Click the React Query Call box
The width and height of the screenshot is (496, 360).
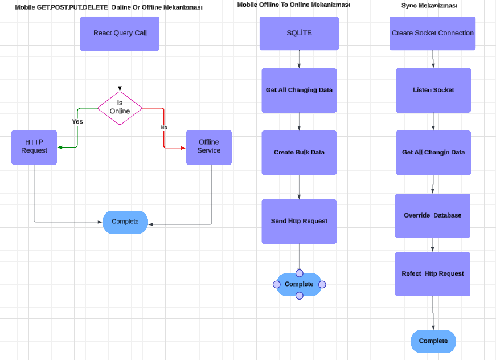point(120,33)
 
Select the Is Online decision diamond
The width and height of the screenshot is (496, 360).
point(120,108)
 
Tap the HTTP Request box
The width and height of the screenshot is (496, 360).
point(34,147)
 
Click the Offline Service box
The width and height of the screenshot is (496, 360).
point(208,147)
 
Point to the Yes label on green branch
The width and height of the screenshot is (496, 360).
point(77,121)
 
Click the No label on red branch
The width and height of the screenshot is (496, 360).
point(164,128)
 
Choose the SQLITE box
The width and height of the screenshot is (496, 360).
point(299,33)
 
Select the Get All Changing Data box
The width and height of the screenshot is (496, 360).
point(299,90)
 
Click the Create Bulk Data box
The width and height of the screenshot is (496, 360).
point(299,152)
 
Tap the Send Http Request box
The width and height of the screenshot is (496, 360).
point(299,221)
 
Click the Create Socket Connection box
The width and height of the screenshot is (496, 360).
point(432,33)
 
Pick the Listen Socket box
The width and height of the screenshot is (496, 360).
point(433,90)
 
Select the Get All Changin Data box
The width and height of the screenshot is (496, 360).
point(433,152)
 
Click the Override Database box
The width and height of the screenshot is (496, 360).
point(433,215)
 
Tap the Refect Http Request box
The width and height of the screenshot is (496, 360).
point(433,273)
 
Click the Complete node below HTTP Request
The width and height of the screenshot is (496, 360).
point(125,222)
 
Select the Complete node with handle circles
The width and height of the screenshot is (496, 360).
point(299,284)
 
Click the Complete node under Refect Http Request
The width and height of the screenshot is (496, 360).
point(433,341)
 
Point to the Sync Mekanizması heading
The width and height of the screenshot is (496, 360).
point(429,6)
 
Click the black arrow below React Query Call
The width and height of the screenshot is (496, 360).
point(120,71)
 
